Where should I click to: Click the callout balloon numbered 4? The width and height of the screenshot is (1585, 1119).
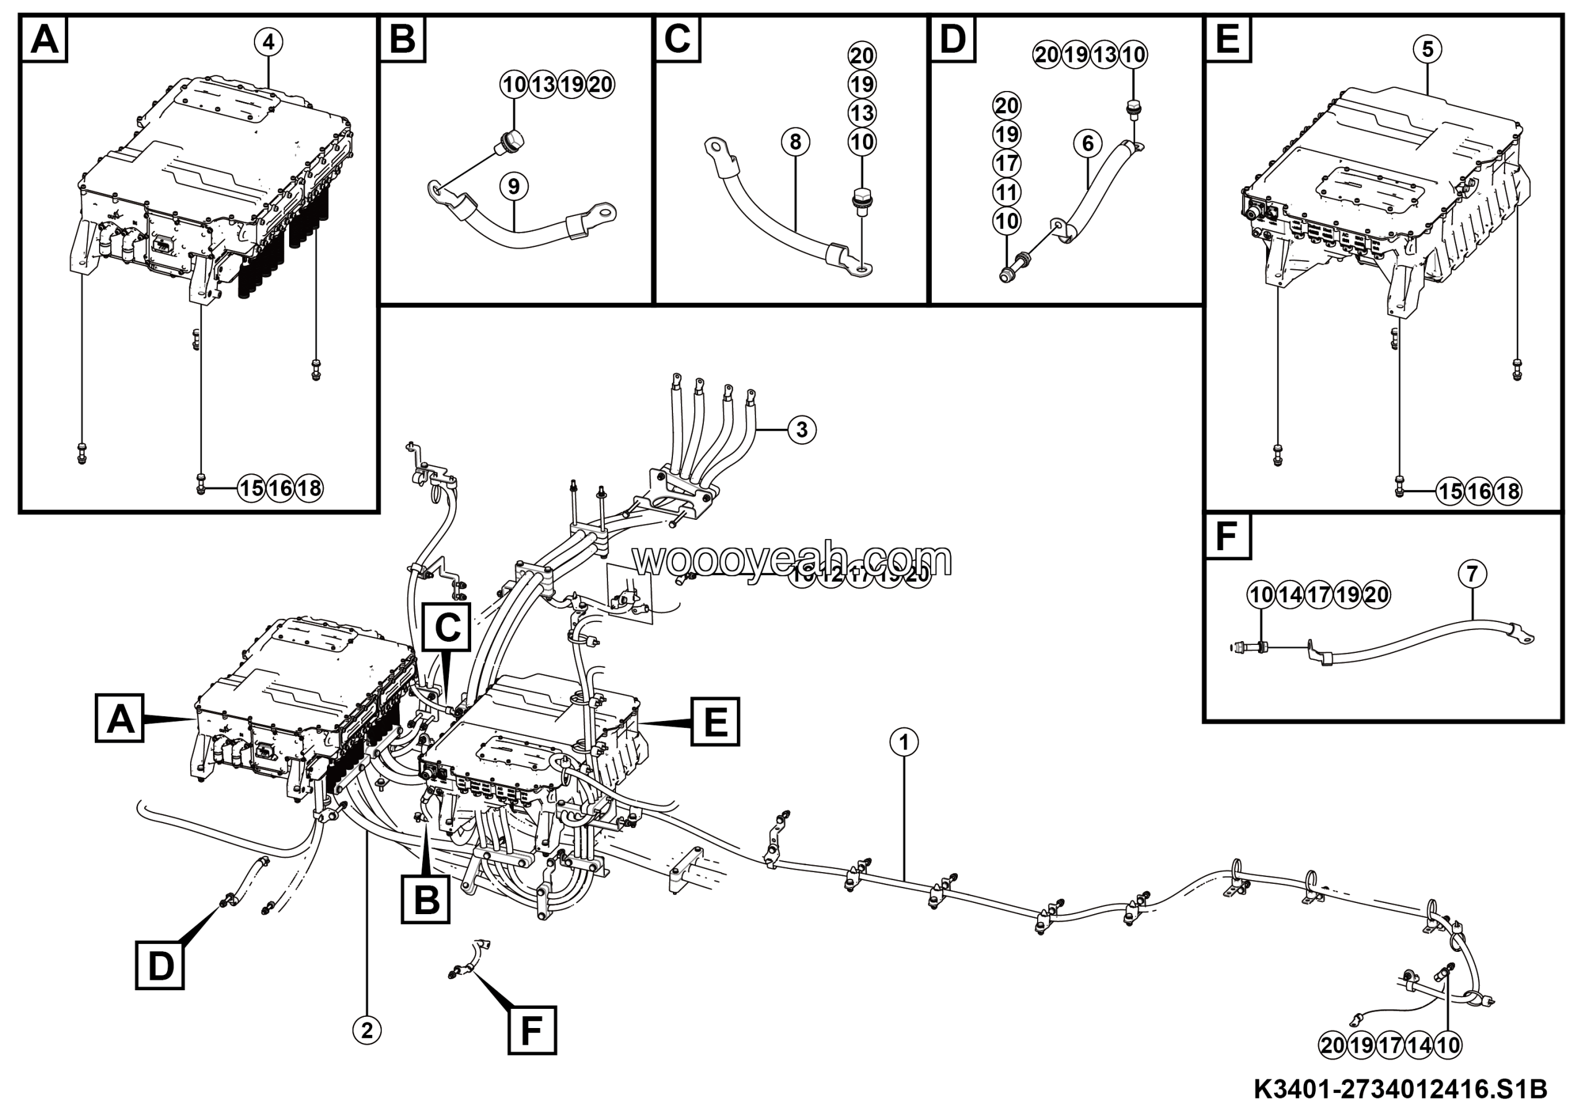point(268,42)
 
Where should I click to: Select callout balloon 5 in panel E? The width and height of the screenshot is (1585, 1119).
point(1427,49)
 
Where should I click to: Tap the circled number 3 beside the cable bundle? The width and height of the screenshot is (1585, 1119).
point(801,429)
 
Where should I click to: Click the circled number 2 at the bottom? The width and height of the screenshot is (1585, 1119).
point(367,1030)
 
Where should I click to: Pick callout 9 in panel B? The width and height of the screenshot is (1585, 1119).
point(514,186)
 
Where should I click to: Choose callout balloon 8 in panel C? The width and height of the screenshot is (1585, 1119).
point(795,142)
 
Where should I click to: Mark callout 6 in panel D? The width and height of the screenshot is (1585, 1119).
point(1088,144)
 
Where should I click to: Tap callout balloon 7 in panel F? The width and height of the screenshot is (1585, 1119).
point(1472,574)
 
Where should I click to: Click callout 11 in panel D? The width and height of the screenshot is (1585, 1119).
point(1007,192)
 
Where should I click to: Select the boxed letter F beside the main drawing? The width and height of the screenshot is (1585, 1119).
point(532,1030)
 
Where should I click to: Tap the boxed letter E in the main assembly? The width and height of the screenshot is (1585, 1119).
point(715,722)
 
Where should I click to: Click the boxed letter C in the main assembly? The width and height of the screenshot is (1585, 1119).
point(448,628)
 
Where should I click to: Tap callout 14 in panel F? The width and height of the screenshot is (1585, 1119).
point(1290,595)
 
